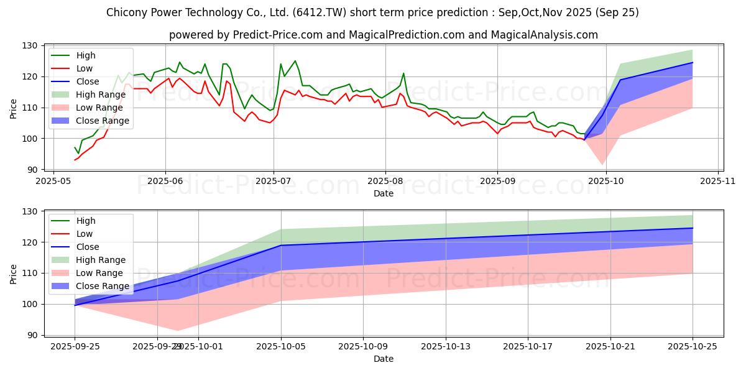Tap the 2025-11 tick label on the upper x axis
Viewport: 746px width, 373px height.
pos(718,182)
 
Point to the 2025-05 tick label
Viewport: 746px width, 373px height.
pos(53,182)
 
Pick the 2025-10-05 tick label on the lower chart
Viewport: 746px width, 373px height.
pos(281,347)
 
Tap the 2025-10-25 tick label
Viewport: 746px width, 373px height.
pos(693,347)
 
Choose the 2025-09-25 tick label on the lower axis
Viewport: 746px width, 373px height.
pos(75,347)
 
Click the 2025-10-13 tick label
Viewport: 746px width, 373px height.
pos(446,347)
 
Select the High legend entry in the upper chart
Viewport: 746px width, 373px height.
pos(86,55)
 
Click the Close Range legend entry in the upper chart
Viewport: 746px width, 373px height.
pos(103,121)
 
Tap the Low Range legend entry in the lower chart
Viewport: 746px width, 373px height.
pos(99,273)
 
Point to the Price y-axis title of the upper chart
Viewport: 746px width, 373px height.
pos(14,108)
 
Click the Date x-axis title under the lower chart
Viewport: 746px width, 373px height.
pos(384,359)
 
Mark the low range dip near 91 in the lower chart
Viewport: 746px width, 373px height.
pos(178,330)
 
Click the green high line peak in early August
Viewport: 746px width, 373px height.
pos(403,73)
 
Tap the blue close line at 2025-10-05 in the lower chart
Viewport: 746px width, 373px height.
pos(281,245)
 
